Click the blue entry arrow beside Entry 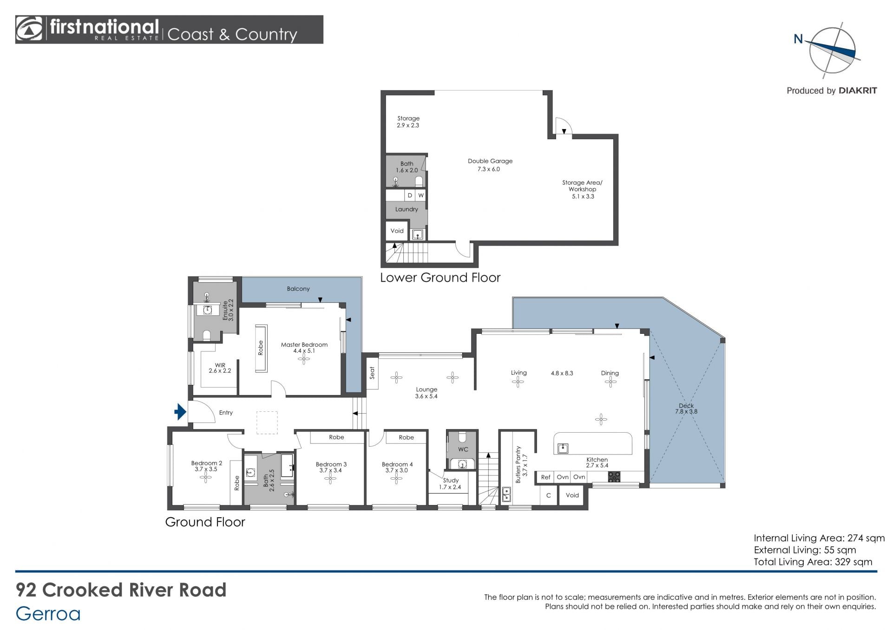pyautogui.click(x=180, y=411)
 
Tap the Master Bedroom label pyautogui.click(x=304, y=344)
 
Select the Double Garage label pyautogui.click(x=490, y=161)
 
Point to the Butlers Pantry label pyautogui.click(x=518, y=465)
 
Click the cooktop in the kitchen pyautogui.click(x=614, y=476)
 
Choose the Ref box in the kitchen pyautogui.click(x=545, y=477)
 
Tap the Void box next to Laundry pyautogui.click(x=397, y=231)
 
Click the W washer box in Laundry pyautogui.click(x=420, y=195)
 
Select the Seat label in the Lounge pyautogui.click(x=372, y=373)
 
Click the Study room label pyautogui.click(x=451, y=480)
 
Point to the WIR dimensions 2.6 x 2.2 pyautogui.click(x=220, y=371)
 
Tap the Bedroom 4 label pyautogui.click(x=397, y=464)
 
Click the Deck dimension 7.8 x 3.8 pyautogui.click(x=686, y=411)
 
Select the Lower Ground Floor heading pyautogui.click(x=440, y=278)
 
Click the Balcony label pyautogui.click(x=298, y=289)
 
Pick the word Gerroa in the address pyautogui.click(x=48, y=614)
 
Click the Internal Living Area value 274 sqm pyautogui.click(x=866, y=539)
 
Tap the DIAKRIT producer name pyautogui.click(x=858, y=91)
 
